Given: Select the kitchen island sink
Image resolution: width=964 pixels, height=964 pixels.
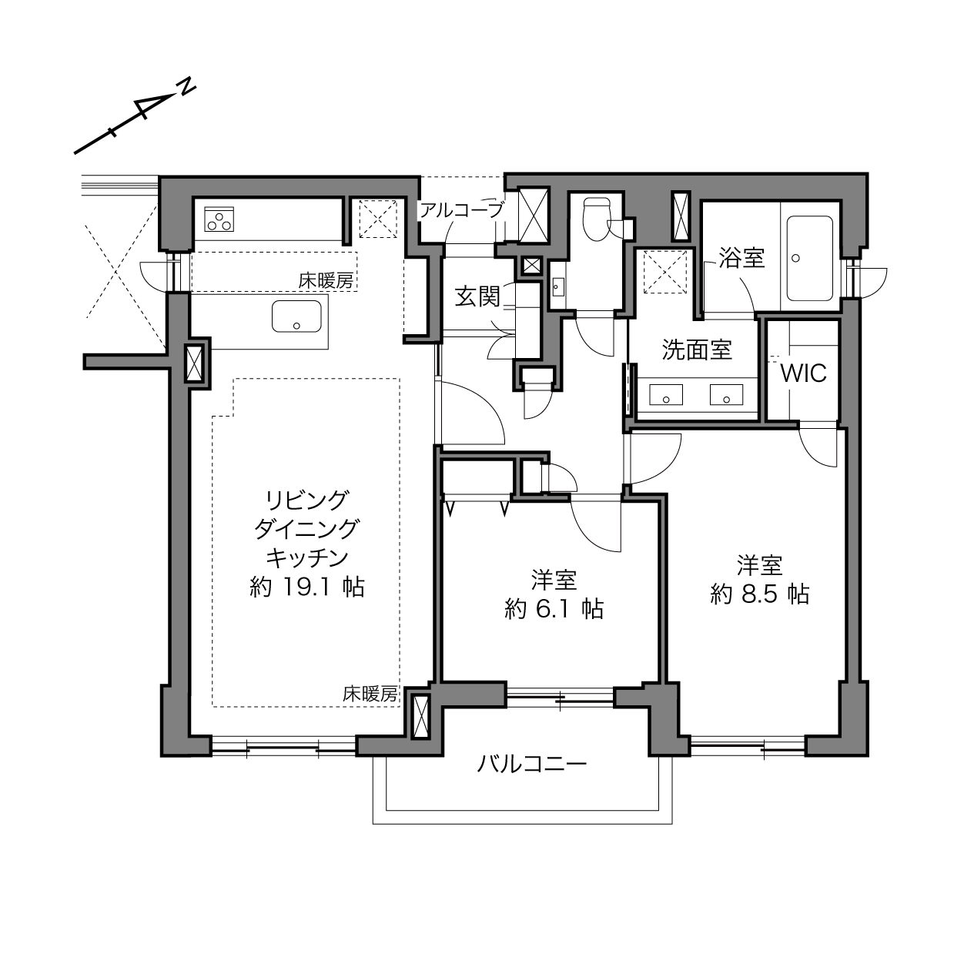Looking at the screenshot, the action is [296, 316].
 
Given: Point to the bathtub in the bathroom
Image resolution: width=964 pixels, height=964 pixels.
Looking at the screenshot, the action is [809, 258].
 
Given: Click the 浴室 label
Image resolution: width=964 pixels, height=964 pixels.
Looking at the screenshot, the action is [741, 258].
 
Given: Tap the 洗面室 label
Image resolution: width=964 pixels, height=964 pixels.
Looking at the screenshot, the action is [697, 350].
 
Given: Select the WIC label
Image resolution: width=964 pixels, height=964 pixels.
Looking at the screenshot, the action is [803, 373].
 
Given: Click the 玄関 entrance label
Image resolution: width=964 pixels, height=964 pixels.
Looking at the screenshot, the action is [477, 296].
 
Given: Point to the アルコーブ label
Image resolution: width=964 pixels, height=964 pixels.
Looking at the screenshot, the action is [461, 210].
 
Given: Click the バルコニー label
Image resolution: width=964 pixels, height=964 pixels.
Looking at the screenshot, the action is [531, 764].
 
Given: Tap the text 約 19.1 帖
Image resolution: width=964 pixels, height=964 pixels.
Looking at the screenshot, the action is [307, 587].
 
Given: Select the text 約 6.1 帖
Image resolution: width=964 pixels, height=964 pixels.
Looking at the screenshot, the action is [554, 609].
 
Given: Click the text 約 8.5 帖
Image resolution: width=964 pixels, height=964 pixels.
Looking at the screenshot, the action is [759, 594].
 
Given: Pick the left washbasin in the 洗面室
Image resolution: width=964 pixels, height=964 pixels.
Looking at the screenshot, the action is [666, 394].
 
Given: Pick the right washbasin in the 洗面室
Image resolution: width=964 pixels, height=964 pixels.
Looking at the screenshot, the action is [726, 394].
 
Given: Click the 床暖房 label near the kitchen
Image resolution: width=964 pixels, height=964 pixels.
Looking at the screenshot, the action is [326, 280].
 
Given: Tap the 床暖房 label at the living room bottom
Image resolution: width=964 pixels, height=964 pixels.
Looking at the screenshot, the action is [370, 694].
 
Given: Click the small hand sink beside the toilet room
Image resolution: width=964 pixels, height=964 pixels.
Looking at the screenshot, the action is [557, 286].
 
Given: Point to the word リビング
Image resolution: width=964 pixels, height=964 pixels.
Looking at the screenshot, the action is [306, 500].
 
